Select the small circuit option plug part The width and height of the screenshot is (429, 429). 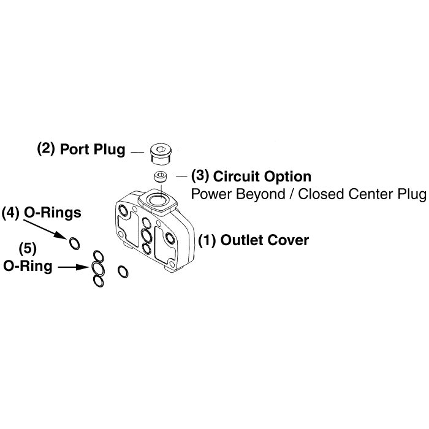click(x=161, y=178)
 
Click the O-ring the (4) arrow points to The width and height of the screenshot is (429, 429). click(x=74, y=243)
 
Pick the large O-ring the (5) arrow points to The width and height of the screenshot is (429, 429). click(x=97, y=268)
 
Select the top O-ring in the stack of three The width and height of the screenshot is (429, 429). click(x=97, y=256)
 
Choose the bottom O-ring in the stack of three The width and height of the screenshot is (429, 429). click(x=98, y=280)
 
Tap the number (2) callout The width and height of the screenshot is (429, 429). click(x=46, y=148)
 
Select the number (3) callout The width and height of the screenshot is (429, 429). click(x=200, y=176)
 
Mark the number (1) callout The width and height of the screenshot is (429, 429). click(x=207, y=240)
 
